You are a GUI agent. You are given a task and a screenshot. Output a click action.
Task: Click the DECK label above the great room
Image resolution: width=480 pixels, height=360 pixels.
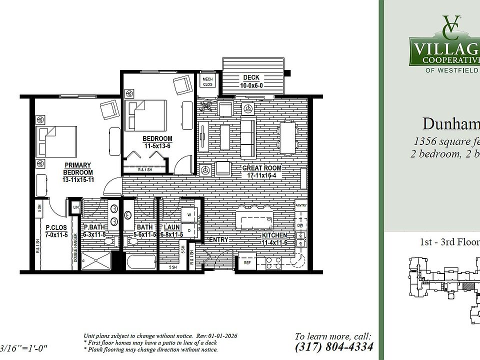click(251, 77)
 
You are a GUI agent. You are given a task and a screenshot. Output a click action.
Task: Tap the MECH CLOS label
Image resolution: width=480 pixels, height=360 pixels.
click(207, 81)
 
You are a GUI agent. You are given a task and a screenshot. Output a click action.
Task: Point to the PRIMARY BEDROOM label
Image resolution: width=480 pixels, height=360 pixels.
click(77, 168)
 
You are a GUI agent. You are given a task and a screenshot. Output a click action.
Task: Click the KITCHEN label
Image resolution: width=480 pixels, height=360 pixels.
click(275, 235)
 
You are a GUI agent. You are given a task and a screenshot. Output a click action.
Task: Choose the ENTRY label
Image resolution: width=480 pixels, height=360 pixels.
click(218, 240)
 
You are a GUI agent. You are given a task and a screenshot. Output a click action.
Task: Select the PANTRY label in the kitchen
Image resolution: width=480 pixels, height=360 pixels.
click(300, 205)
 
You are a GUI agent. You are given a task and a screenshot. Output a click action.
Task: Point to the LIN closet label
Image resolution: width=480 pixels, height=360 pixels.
click(76, 207)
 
